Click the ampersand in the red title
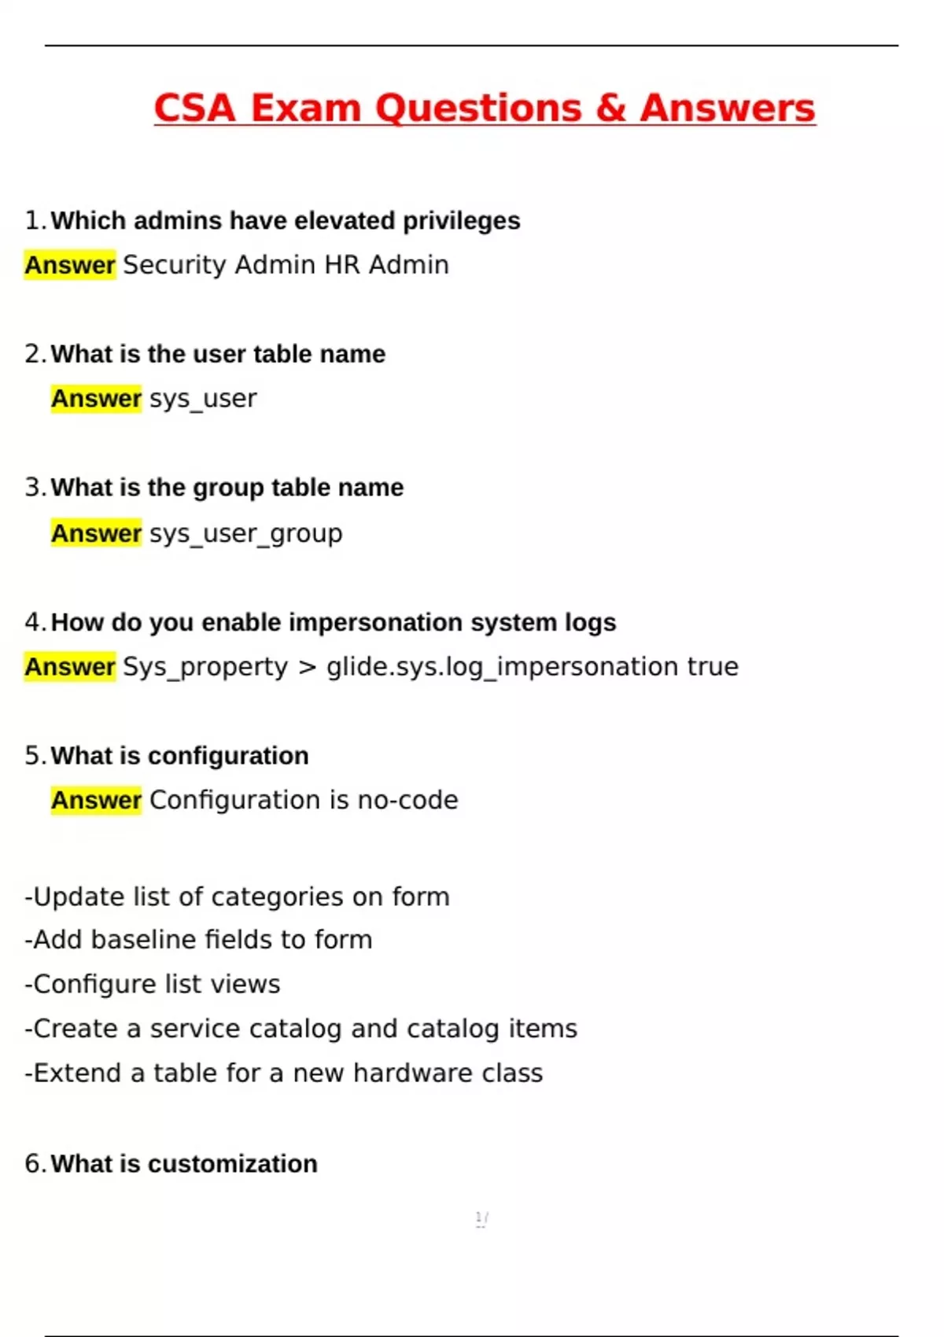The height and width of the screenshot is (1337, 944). click(610, 109)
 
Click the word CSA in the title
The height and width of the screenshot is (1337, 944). click(194, 109)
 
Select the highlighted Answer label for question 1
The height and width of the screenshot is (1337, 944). click(70, 265)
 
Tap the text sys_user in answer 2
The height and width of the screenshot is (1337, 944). click(203, 399)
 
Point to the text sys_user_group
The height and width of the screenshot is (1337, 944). click(245, 533)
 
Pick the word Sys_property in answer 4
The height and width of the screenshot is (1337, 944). click(205, 667)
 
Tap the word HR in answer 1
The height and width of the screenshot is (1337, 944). click(342, 265)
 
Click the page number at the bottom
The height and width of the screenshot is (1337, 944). click(481, 1218)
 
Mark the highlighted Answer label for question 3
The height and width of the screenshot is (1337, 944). click(96, 533)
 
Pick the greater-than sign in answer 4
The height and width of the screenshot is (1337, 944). click(307, 667)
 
